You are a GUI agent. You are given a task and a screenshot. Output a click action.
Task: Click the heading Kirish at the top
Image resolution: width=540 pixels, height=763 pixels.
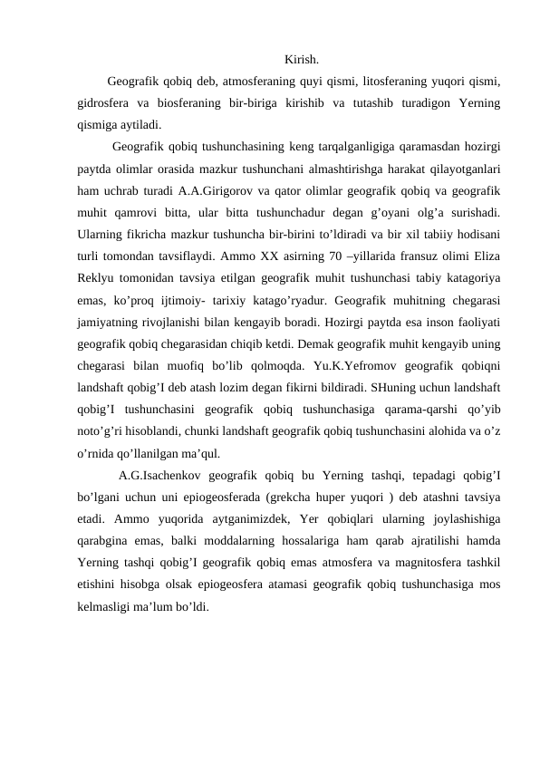[301, 61]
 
